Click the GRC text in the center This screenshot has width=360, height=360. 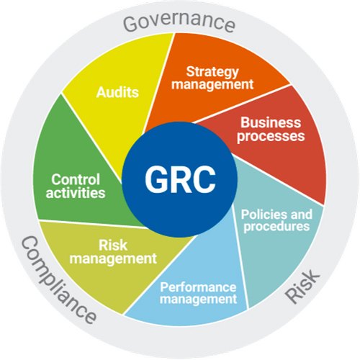coord(180,179)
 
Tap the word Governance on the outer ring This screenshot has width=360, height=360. coord(179,22)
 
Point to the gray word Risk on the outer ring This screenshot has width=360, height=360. coord(302,286)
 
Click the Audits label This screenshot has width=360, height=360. coord(117,92)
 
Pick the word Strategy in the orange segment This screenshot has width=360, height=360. coord(212,72)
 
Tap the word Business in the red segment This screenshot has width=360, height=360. coord(271,122)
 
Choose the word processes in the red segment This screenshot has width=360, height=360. coord(271,136)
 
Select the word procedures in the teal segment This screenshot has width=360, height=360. coord(276,227)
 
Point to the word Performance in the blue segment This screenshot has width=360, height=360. coord(198,287)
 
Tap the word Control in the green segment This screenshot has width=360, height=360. coord(76,179)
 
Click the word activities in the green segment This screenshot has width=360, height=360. coord(76,192)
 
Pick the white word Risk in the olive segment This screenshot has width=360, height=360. coord(113,246)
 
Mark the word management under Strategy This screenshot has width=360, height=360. coord(212,84)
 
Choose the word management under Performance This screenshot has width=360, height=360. coord(198,299)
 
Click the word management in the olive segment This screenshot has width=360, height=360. coord(113,258)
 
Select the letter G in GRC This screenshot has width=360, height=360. coord(157,179)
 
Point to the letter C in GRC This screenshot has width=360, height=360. coord(204,179)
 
